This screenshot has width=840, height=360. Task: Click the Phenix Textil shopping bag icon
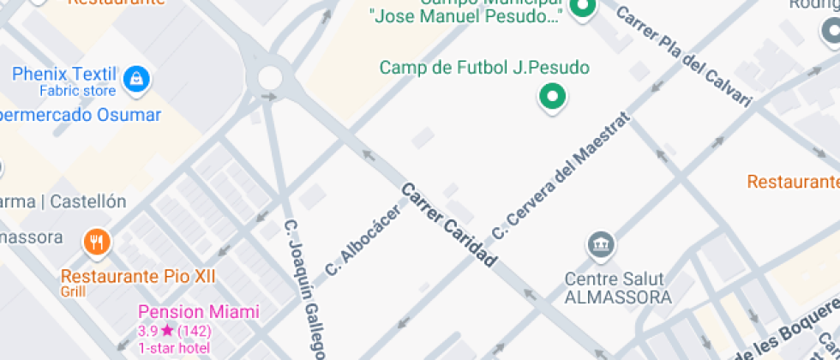(x=135, y=81)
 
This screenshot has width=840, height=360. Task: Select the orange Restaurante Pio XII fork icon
(x=97, y=243)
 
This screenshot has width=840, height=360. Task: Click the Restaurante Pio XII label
(x=138, y=276)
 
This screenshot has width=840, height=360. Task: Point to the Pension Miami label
(x=198, y=313)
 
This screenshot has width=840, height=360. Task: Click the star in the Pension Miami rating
(x=167, y=331)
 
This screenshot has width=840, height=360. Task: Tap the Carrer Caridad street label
(x=449, y=225)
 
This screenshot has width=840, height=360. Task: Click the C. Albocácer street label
(x=363, y=242)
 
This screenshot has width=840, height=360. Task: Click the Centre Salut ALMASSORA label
(x=617, y=289)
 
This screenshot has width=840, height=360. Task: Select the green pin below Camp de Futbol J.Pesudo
(x=553, y=97)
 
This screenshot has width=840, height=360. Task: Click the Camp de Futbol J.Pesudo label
(x=485, y=67)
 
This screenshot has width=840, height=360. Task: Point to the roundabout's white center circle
(x=270, y=78)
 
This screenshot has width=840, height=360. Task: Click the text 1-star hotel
(x=174, y=347)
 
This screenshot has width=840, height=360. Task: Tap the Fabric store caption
(x=77, y=90)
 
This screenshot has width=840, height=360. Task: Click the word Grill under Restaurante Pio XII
(x=74, y=291)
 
